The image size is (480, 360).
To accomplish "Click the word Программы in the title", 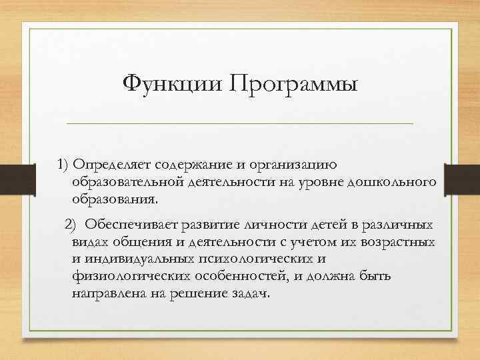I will pos(293,85).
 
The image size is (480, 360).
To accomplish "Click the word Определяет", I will pos(113,164).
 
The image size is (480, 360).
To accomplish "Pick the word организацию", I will pos(299,164).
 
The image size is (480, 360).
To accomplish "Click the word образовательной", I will pos(127,182).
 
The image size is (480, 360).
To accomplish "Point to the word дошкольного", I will pos(396,182).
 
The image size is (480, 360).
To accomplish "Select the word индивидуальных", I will pos(138,258).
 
